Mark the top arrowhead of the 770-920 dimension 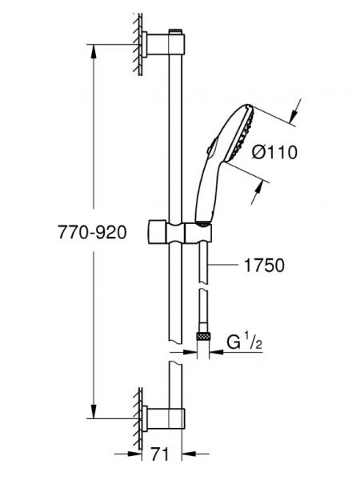pyautogui.click(x=95, y=50)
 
